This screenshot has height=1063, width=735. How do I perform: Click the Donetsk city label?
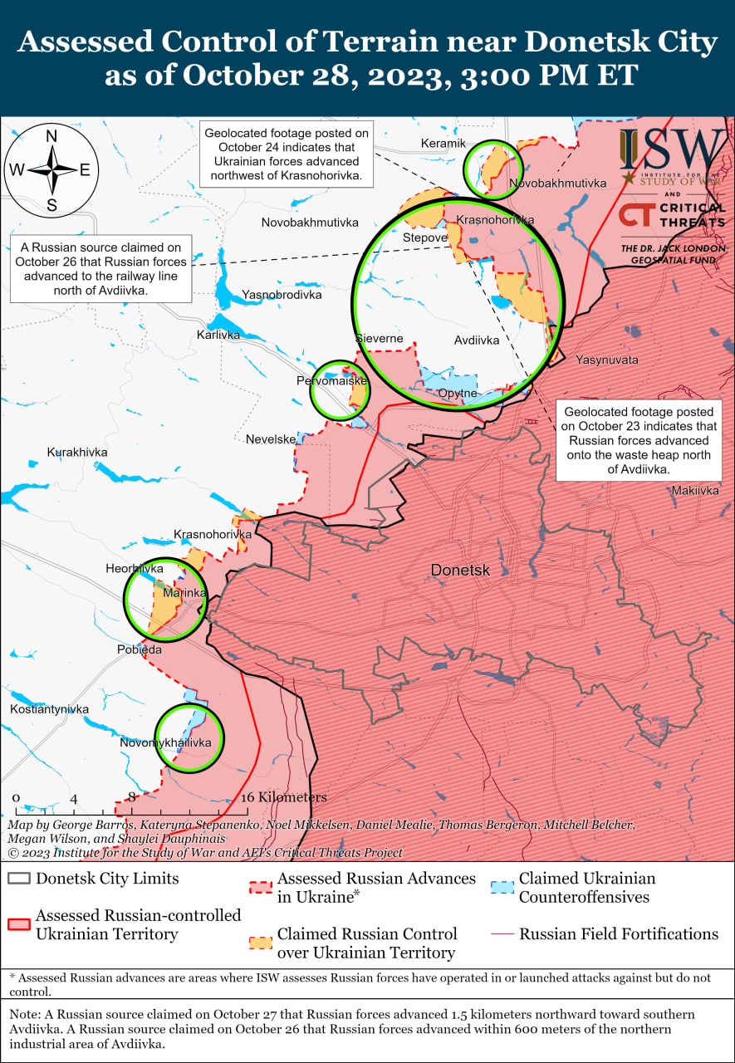click(x=460, y=571)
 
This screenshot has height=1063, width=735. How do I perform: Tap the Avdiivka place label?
click(x=477, y=340)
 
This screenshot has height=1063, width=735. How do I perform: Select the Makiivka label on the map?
click(x=695, y=492)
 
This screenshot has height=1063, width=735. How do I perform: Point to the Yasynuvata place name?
click(x=607, y=360)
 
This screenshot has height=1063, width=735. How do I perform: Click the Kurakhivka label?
click(x=77, y=453)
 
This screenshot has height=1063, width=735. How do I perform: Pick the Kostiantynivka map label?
click(x=49, y=709)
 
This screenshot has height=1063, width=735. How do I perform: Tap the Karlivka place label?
click(x=218, y=335)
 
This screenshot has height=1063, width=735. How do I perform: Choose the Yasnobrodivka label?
click(x=281, y=295)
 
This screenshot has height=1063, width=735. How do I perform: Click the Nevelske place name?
click(x=271, y=439)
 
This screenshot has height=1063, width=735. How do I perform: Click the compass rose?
click(x=51, y=170)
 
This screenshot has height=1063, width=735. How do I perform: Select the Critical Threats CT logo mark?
click(x=635, y=214)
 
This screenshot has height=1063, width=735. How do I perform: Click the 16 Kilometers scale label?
click(x=284, y=797)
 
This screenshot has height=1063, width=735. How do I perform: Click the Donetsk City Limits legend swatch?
click(x=19, y=879)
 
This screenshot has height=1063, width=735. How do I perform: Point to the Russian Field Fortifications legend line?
click(x=501, y=934)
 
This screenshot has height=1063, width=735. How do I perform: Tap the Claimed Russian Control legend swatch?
click(x=260, y=943)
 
